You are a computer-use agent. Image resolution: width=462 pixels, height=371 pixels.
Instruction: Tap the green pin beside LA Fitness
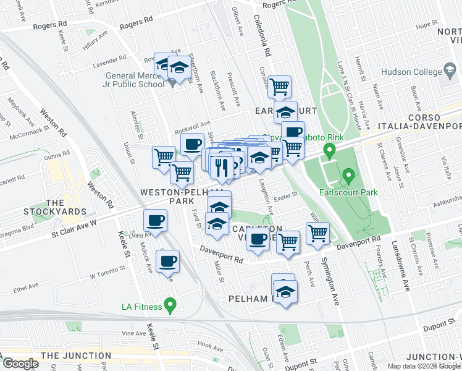[x=172, y=305]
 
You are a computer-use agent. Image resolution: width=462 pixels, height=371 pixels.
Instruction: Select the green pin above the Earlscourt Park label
[x=349, y=177]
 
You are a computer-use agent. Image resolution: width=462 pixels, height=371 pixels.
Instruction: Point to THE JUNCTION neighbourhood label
[x=77, y=356]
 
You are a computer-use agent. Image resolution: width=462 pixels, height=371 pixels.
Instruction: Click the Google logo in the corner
[x=20, y=364]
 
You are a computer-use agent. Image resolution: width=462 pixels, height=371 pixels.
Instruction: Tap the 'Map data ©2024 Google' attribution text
[x=424, y=366]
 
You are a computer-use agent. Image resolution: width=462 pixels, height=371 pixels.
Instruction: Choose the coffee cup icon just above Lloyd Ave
[x=155, y=221]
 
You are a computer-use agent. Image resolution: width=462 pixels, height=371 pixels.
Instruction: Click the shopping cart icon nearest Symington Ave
[x=318, y=234]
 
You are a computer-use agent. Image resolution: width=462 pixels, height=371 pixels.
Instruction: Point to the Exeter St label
[x=287, y=194]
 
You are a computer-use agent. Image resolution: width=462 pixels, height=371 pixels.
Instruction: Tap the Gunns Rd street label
[x=57, y=158]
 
